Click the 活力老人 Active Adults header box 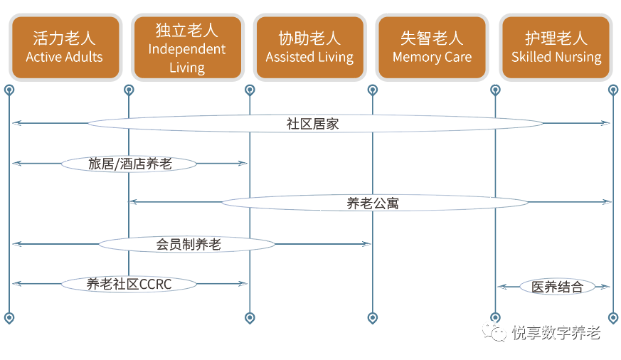point(64,47)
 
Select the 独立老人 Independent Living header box point(187,47)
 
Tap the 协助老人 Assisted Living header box point(309,47)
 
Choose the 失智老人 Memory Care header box point(432,47)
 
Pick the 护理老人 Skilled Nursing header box point(556,47)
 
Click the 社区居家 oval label point(313,123)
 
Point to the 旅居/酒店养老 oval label point(130,164)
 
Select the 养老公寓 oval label point(374,203)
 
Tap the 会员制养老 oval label point(188,244)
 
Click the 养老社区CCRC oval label point(130,284)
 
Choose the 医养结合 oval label point(556,287)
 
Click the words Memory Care point(432,57)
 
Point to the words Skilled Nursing point(556,57)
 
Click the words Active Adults point(64,57)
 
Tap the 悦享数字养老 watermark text point(556,332)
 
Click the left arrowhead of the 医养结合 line point(501,287)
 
